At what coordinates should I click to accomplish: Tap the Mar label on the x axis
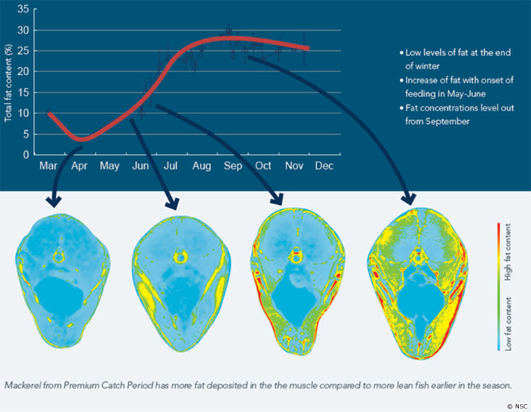[x=48, y=166]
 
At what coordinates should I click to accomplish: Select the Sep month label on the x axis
[x=233, y=166]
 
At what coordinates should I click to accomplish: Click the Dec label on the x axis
[x=324, y=166]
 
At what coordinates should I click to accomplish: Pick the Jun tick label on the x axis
[x=141, y=166]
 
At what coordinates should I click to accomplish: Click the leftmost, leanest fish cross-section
[x=66, y=280]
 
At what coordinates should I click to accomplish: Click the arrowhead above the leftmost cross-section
[x=52, y=201]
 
